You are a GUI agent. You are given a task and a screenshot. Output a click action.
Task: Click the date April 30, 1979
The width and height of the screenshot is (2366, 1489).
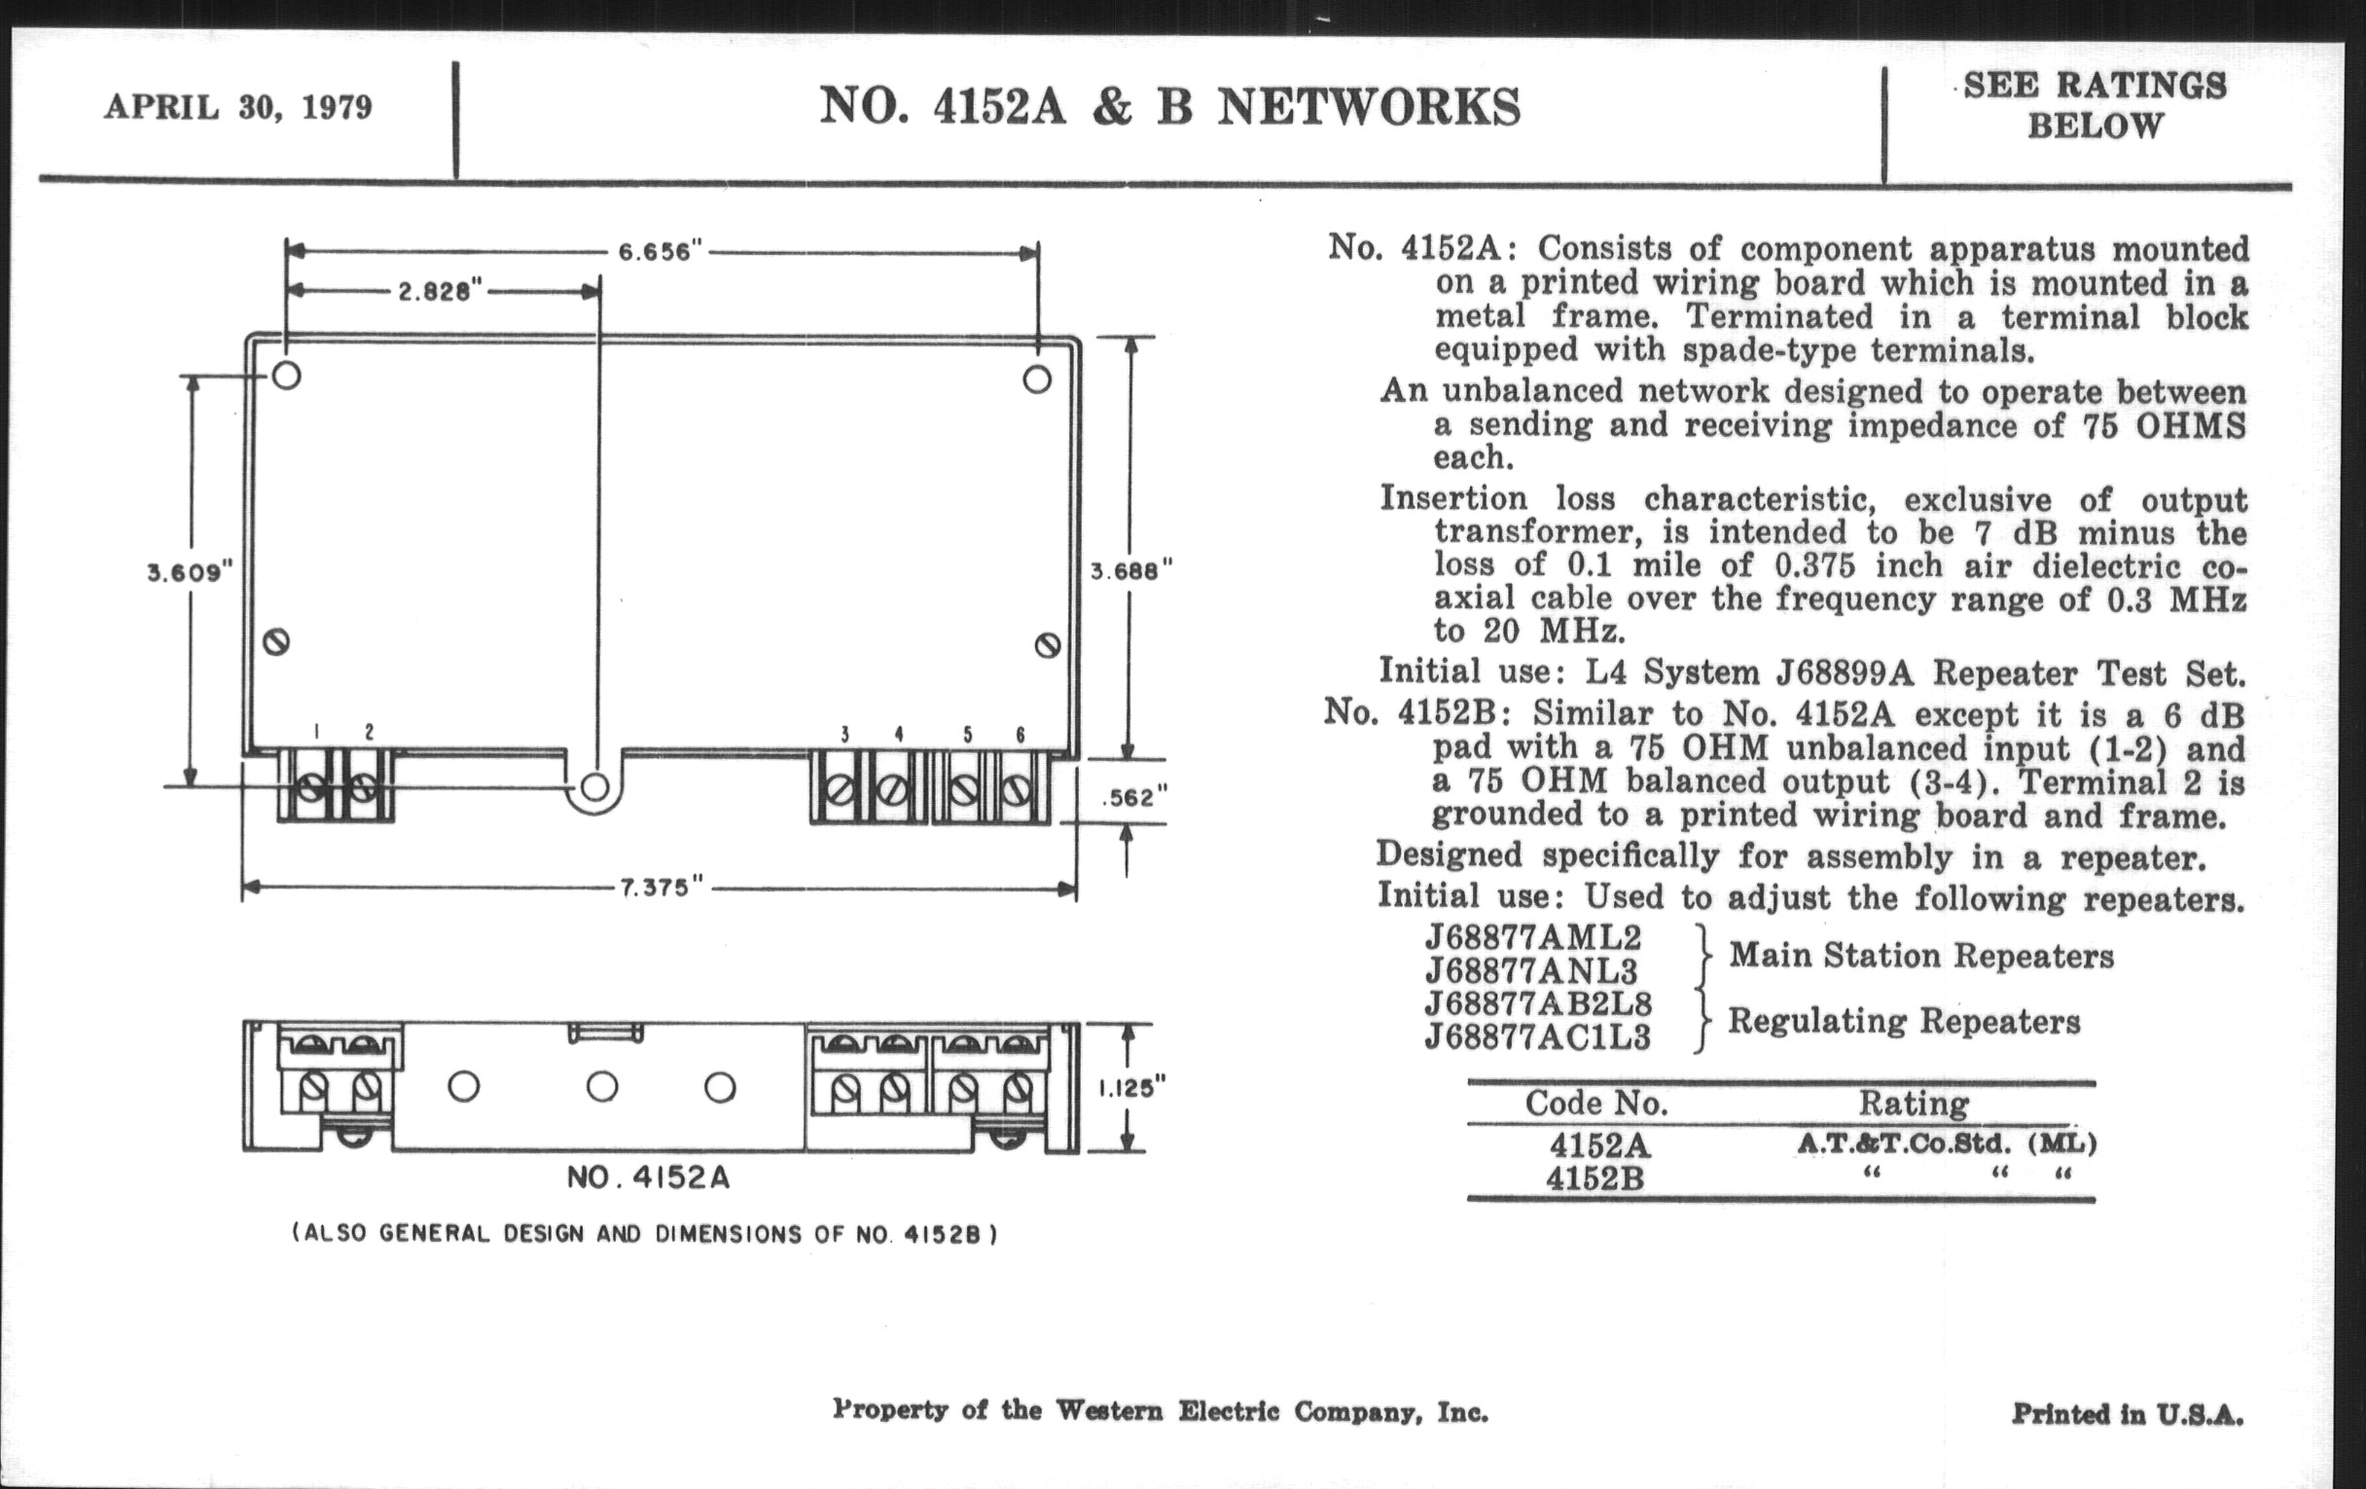[x=237, y=107]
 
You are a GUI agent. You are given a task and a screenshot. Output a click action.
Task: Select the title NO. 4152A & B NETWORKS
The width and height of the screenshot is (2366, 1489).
[x=1170, y=106]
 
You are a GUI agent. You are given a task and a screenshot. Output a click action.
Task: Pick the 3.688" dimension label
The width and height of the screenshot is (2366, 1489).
[x=1131, y=570]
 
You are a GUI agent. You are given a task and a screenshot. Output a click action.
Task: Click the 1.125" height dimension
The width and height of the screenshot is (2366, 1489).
[x=1131, y=1087]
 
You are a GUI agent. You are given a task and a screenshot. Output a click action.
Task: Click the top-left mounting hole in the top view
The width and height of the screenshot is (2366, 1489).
[x=286, y=376]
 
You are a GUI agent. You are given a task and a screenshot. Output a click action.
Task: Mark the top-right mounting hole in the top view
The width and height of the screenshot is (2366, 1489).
[x=1038, y=380]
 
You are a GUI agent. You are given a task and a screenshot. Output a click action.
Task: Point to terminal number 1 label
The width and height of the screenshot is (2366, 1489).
[x=316, y=732]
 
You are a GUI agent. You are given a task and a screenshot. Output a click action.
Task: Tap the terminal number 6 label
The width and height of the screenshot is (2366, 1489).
[x=1021, y=734]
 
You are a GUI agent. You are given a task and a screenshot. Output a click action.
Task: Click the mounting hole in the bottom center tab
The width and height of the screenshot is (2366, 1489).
[x=594, y=787]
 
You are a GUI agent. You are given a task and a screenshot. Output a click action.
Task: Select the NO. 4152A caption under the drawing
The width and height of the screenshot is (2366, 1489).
[x=649, y=1177]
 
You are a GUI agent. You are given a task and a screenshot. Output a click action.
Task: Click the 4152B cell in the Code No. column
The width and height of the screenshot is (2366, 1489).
[x=1595, y=1178]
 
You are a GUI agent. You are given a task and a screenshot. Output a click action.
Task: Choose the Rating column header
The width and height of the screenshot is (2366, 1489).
[x=1913, y=1104]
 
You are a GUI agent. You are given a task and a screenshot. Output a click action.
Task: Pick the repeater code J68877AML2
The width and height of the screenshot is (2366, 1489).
[x=1533, y=936]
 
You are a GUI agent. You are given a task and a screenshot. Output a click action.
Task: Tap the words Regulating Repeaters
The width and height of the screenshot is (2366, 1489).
[x=1904, y=1021]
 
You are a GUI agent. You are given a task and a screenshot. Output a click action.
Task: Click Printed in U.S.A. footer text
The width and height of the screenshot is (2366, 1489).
[x=2128, y=1414]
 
